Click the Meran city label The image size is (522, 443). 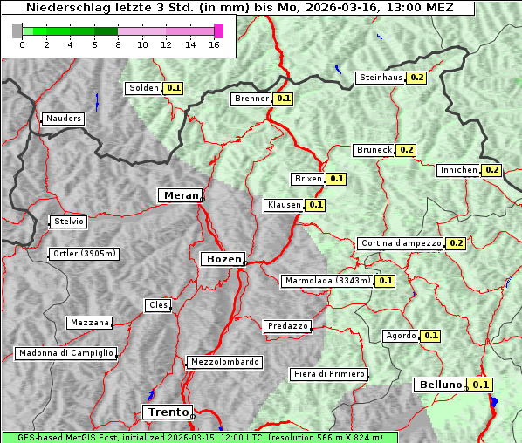point(180,195)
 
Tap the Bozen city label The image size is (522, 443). point(222,259)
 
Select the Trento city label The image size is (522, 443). point(167,412)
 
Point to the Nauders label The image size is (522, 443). point(63,119)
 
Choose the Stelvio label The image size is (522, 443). point(69,221)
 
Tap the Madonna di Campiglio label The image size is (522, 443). point(65,353)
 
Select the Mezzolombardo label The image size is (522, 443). point(223,361)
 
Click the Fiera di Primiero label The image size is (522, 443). point(329,374)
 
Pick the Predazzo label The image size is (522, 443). point(287,326)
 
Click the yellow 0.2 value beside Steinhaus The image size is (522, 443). point(416,78)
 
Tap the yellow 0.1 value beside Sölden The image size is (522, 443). point(174,88)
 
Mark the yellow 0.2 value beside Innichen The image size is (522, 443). point(491,170)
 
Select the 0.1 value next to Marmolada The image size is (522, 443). point(386,281)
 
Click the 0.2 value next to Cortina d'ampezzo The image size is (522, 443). point(456,243)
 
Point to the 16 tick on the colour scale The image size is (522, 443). point(214,44)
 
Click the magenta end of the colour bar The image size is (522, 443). point(218,31)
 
